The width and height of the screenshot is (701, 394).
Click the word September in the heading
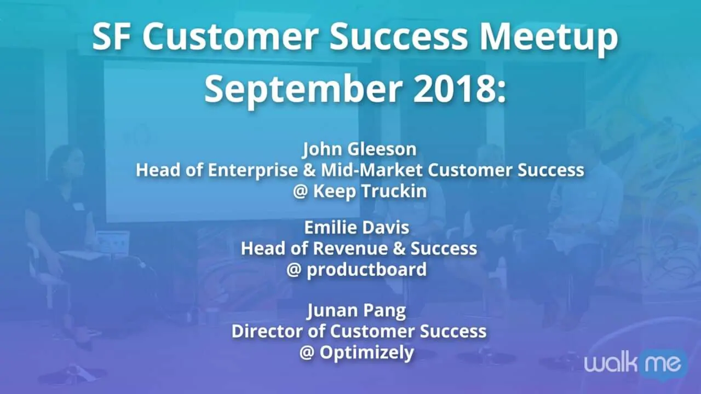303,91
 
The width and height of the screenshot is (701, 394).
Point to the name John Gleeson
359,149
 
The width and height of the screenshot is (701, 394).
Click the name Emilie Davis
357,227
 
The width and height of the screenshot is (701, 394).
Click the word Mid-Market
372,170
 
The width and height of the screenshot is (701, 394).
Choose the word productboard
367,270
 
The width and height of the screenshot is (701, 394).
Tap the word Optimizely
367,354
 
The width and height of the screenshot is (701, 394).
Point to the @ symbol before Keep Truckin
301,192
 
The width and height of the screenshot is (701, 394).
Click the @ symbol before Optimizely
307,353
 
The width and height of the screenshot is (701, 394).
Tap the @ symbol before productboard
294,270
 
